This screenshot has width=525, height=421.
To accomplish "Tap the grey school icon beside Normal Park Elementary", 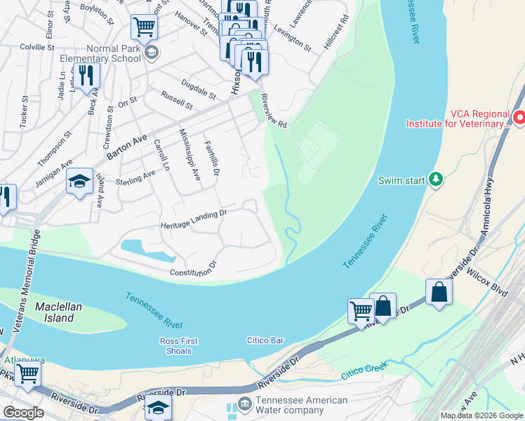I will pos(151,53).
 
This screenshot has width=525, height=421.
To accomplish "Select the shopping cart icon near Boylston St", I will pos(144,27).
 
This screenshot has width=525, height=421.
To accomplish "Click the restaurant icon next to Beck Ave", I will pos(86,75).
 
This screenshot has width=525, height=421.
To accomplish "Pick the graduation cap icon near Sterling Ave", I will pos(80,182).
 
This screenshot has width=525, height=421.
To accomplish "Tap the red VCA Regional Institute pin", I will pos(519,118).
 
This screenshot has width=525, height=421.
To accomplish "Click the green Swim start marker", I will pos(436,180).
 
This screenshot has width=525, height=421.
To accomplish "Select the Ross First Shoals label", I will pos(179,346).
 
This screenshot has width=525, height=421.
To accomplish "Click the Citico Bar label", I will pos(265,340).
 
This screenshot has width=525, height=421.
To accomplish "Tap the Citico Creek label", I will pos(364,370).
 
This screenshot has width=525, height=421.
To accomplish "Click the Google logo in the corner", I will pos(23,413).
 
